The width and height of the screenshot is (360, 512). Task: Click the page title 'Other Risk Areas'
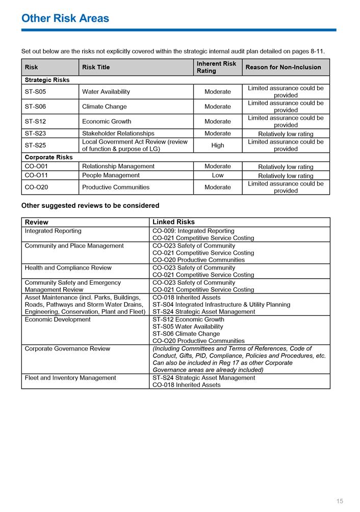tap(65, 18)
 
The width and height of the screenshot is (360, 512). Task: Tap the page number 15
tap(340, 501)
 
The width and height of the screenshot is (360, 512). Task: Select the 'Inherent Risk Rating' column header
tap(217, 67)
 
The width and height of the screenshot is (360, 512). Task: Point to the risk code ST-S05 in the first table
tap(35, 92)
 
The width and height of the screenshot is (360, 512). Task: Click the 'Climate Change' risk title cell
tap(105, 106)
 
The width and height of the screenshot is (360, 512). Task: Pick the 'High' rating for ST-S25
tap(218, 145)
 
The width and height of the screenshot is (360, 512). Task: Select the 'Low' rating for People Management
tap(218, 175)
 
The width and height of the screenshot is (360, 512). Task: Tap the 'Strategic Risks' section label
tap(47, 80)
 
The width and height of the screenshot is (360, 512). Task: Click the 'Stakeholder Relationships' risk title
tap(118, 133)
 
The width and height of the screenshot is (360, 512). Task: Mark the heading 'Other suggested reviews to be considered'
tap(90, 206)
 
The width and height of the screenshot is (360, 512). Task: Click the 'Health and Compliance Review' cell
tap(68, 268)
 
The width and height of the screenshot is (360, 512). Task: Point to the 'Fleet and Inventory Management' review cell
tap(70, 378)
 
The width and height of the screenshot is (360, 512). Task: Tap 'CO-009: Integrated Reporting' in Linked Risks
tap(194, 231)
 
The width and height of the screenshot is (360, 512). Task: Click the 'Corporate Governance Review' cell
tap(67, 349)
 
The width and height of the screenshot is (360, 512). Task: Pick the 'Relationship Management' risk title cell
tap(118, 166)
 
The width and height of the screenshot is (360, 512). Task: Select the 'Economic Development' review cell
tap(58, 320)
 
